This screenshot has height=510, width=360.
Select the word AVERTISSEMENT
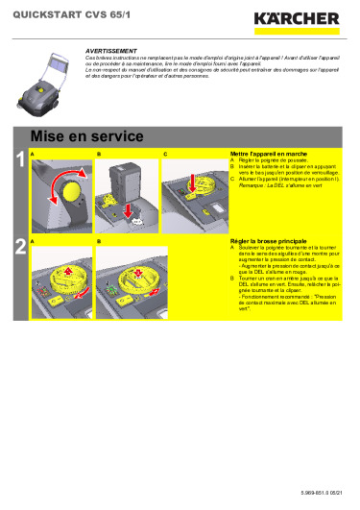point(108,47)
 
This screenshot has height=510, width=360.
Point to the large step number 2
point(18,248)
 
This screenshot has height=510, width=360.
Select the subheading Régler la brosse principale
point(268,239)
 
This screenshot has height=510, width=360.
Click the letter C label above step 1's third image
point(164,154)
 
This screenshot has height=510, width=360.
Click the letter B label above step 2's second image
point(99,239)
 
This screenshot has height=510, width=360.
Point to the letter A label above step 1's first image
point(33,154)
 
